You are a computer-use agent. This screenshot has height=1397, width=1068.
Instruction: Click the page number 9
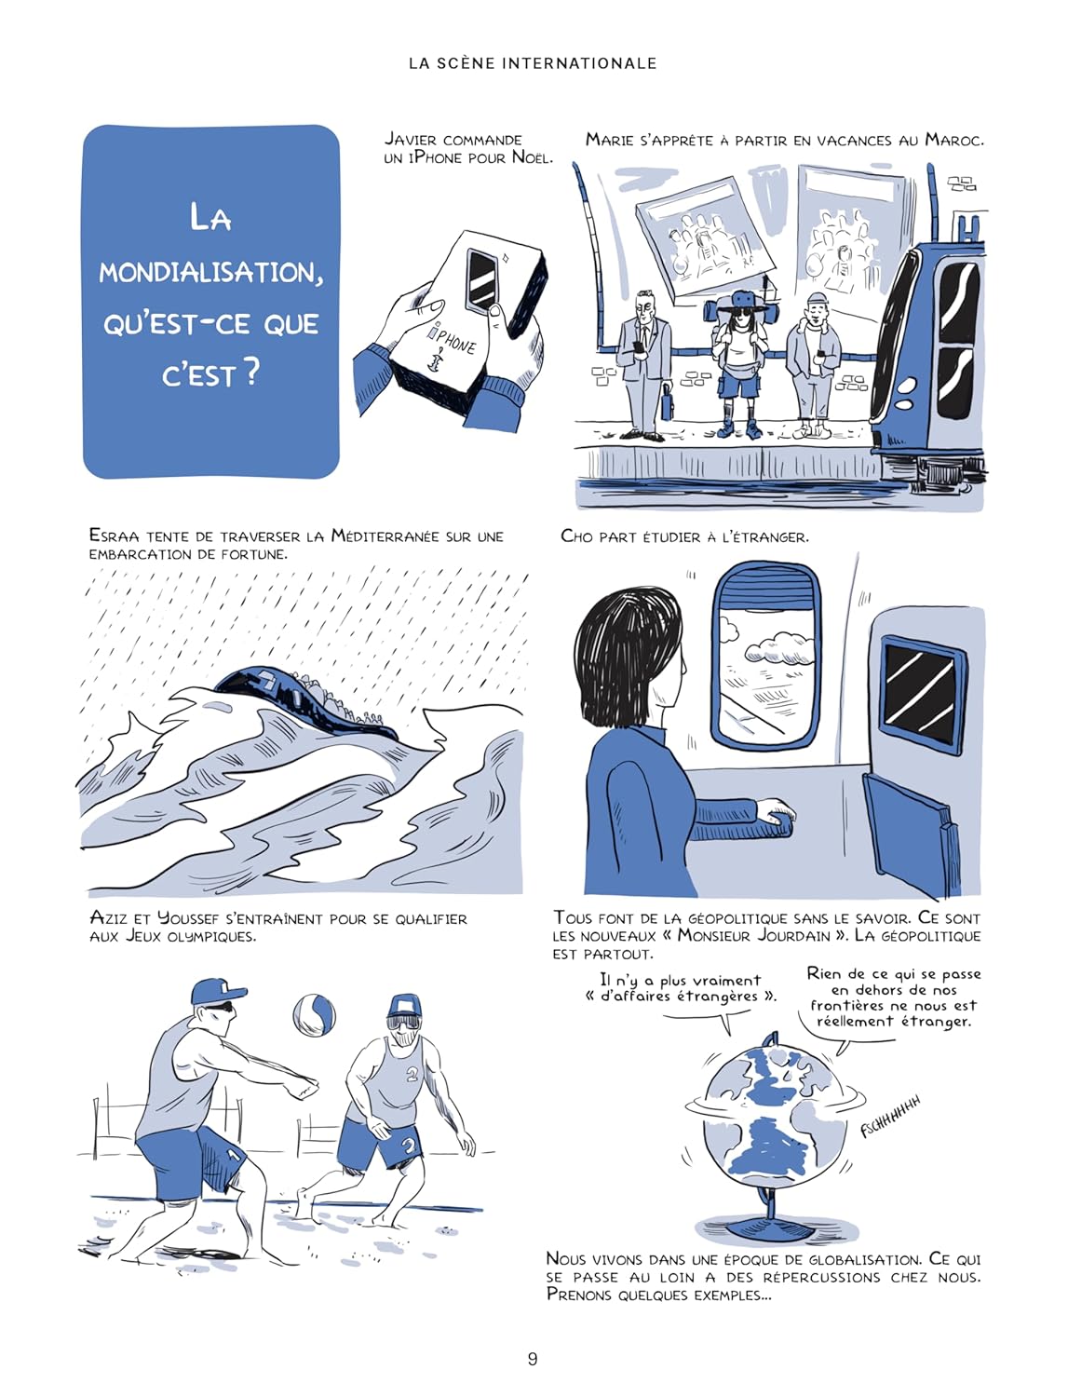[533, 1359]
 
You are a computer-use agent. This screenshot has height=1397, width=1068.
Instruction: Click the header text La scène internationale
[533, 63]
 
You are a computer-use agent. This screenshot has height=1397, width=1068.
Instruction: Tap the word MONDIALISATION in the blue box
[210, 272]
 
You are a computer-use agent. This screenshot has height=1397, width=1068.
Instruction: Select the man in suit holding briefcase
[644, 363]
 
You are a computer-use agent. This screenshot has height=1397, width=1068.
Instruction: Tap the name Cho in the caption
[577, 536]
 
